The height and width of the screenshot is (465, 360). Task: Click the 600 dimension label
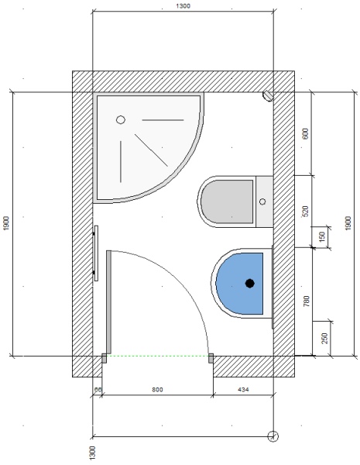(306, 133)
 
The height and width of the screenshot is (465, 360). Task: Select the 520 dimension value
(306, 211)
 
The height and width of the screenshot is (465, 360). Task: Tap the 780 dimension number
(307, 301)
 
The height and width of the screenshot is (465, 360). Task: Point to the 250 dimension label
(325, 339)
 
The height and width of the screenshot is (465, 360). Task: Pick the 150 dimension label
(323, 236)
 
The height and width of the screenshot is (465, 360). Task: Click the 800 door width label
(157, 389)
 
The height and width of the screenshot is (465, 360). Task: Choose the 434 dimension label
(243, 389)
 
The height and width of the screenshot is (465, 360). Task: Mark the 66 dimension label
(98, 389)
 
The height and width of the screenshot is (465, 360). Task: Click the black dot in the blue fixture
(250, 284)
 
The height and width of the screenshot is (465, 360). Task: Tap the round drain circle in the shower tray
(121, 120)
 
